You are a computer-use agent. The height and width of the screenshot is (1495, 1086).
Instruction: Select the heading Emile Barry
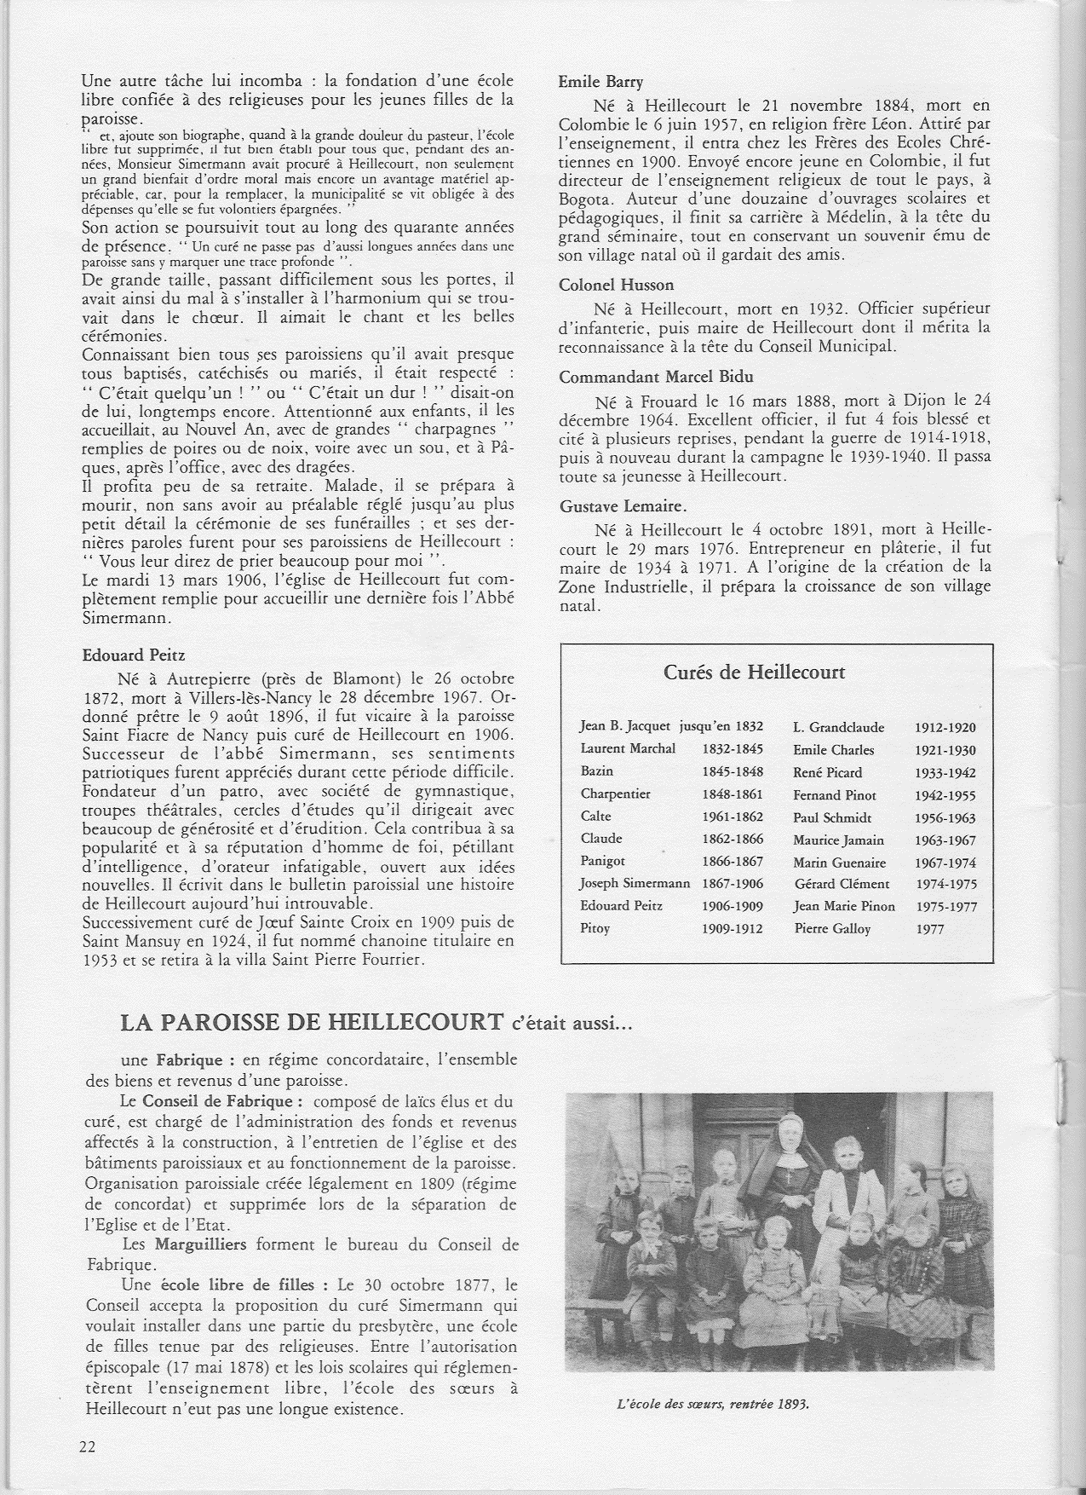point(600,83)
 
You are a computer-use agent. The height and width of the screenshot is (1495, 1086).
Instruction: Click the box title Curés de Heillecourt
point(754,672)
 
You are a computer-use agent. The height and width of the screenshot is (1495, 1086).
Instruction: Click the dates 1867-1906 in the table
point(733,884)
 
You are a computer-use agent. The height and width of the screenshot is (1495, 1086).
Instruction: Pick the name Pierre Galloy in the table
point(831,929)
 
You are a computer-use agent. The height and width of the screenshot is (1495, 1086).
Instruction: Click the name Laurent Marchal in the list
point(627,749)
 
